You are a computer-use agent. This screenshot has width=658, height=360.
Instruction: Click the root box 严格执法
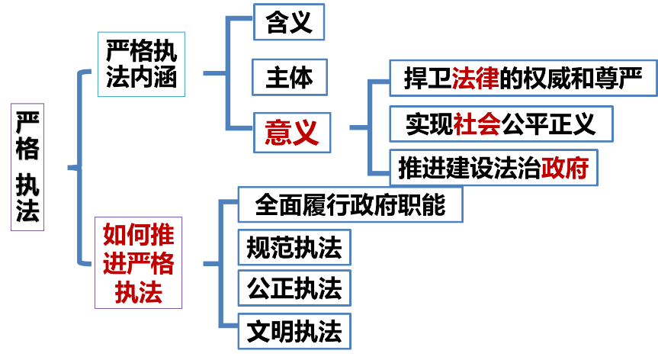[x=27, y=167]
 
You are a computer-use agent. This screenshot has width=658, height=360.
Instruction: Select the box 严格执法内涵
[x=142, y=65]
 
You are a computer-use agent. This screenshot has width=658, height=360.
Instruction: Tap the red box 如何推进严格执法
[x=138, y=263]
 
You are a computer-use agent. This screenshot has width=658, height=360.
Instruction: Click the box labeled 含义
[x=290, y=22]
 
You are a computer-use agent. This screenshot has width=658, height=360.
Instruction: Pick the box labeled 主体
[x=290, y=77]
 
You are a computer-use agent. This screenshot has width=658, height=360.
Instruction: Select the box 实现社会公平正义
[x=500, y=124]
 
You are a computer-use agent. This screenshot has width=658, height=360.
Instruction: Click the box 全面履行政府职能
[x=350, y=204]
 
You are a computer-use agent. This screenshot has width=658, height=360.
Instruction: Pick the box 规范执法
[x=294, y=248]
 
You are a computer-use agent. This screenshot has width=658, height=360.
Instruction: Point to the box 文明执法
[x=294, y=332]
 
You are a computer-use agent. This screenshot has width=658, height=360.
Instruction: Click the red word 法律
[x=475, y=78]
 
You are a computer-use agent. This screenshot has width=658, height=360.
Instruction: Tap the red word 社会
[x=477, y=124]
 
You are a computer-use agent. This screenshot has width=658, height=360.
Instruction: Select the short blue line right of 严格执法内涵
[x=214, y=74]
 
